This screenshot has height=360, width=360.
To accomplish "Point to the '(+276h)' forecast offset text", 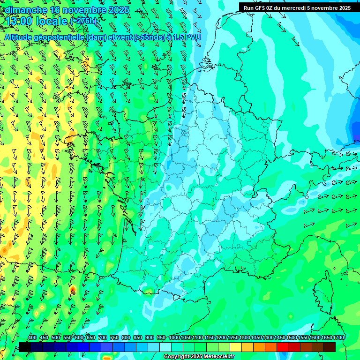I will click(84, 21).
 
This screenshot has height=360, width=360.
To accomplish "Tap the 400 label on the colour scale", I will click(32, 337).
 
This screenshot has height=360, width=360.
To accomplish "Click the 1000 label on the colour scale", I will click(174, 337).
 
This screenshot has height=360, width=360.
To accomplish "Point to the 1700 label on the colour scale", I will click(338, 337).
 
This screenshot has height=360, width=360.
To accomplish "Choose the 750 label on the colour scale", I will click(114, 337).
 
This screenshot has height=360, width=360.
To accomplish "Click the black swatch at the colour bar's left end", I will click(25, 347).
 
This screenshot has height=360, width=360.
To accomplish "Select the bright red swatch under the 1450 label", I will click(283, 347).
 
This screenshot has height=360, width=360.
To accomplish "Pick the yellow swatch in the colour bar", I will click(236, 347).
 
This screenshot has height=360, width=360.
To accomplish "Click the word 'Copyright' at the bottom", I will click(176, 357).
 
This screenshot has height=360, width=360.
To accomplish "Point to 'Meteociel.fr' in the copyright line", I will click(219, 357).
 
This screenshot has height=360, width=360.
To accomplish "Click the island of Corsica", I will click(323, 286).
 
